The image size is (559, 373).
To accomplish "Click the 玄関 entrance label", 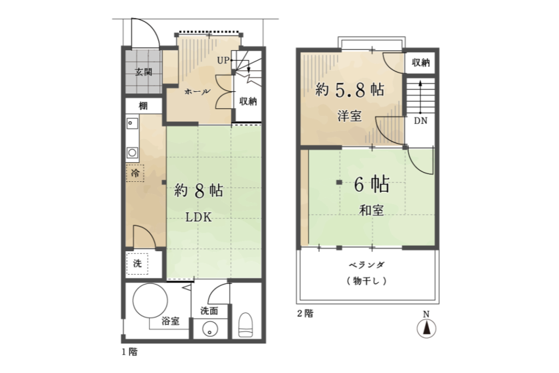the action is (144, 72).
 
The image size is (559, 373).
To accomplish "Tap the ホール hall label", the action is (197, 92).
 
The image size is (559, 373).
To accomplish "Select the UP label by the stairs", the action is (223, 61).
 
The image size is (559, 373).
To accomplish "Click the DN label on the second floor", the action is (421, 121).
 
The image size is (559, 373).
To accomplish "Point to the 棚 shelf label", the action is (143, 106).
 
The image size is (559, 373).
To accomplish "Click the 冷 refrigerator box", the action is (135, 173).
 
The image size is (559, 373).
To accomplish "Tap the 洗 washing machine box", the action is (137, 264).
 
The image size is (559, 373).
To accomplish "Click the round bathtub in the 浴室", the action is (150, 300).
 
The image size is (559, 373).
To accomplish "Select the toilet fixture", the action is (245, 324).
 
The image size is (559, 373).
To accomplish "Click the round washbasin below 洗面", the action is (210, 329).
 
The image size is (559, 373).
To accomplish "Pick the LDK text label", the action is (199, 217).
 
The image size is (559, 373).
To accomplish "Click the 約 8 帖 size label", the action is (199, 191).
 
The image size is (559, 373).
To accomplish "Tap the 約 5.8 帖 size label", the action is (349, 90).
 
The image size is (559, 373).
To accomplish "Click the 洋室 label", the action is (349, 116).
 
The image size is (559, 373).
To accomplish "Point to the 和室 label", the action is (371, 210).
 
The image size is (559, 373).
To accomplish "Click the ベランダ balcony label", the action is (366, 265).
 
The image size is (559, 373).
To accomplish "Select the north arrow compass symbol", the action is (426, 328).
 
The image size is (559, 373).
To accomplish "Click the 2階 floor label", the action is (306, 314).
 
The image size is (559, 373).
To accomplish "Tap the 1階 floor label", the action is (129, 352).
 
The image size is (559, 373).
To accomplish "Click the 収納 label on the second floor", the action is (421, 63).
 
